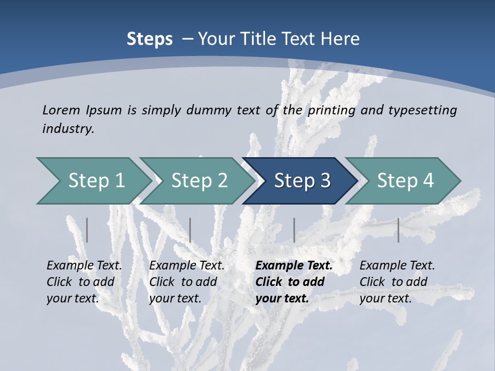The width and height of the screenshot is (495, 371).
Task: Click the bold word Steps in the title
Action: (150, 39)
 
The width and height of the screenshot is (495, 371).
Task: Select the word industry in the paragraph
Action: (68, 128)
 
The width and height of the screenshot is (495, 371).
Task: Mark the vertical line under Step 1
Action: (87, 230)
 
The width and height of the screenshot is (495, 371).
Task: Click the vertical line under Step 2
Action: (190, 230)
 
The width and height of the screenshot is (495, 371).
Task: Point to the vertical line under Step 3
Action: (294, 230)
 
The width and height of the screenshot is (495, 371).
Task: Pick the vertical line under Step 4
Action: (398, 230)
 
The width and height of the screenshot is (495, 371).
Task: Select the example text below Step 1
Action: (84, 282)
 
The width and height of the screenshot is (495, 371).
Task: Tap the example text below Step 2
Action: (187, 282)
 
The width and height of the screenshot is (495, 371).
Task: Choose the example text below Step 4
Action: (397, 282)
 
